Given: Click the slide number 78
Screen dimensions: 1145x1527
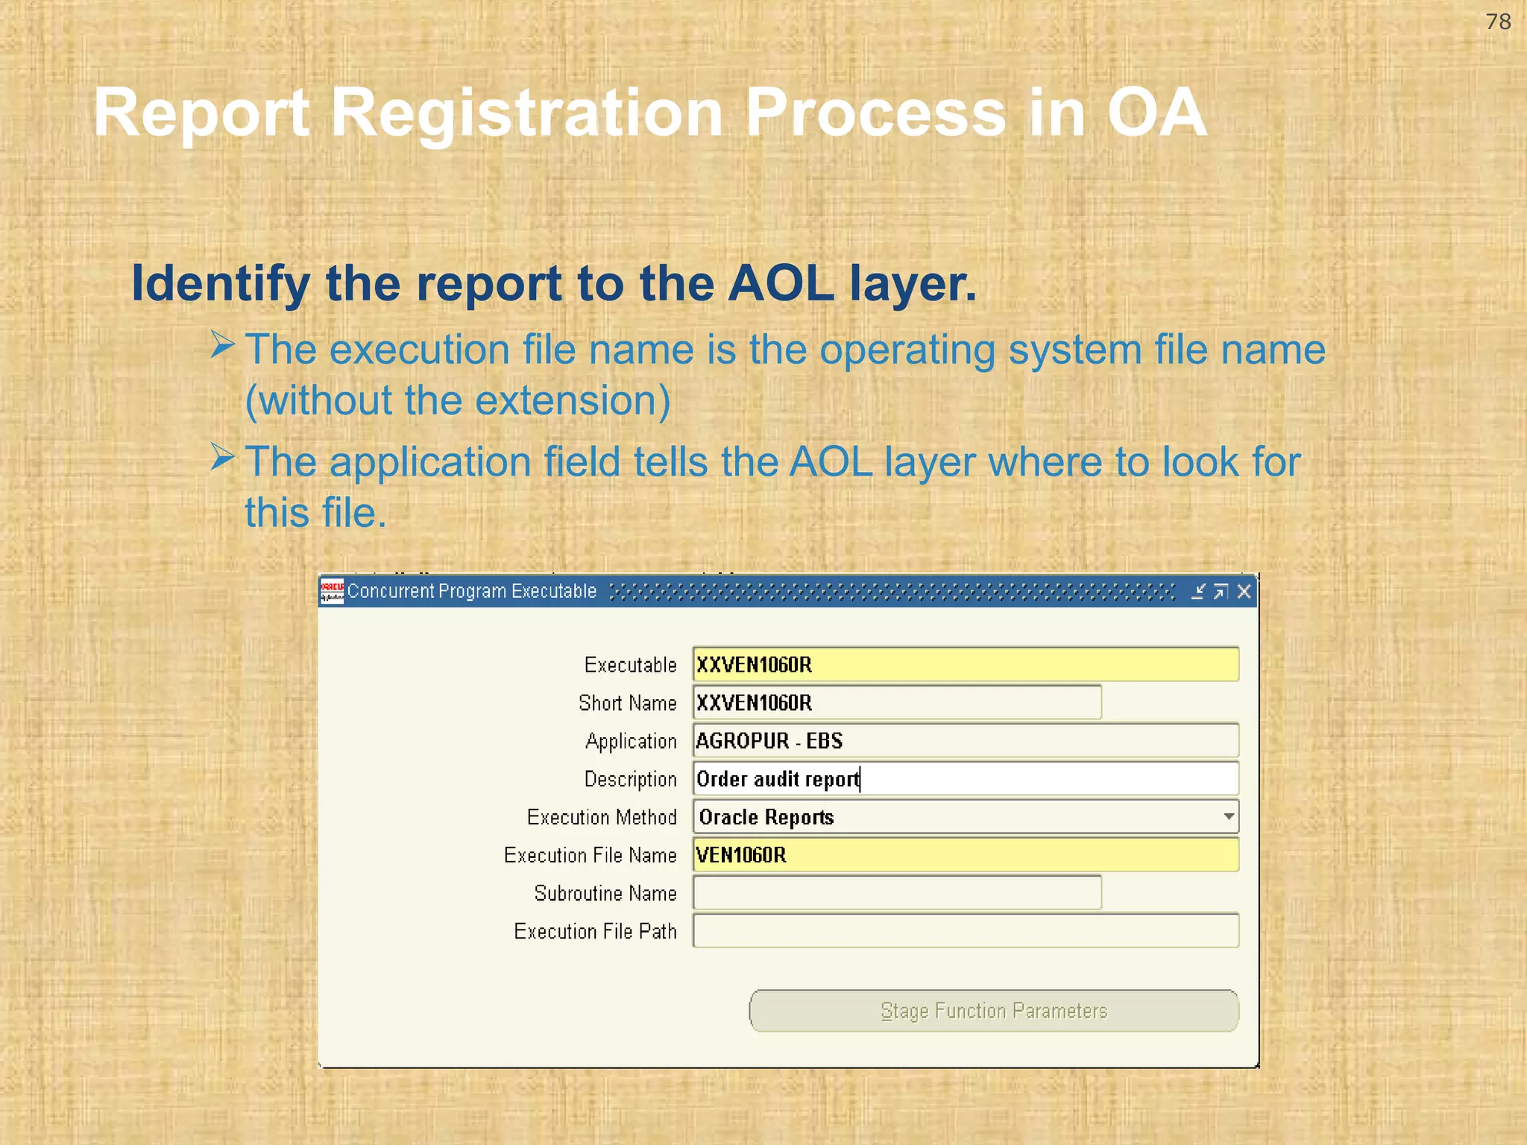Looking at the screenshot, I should [1498, 22].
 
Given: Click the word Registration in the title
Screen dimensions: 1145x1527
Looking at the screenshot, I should [526, 113].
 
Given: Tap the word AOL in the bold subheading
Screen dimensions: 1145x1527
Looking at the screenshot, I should [781, 284].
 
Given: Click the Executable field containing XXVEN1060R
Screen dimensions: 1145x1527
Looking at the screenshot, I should [965, 664].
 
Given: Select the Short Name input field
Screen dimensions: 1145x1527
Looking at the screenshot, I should [896, 702].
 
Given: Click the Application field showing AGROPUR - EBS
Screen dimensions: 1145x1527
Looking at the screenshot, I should [965, 740].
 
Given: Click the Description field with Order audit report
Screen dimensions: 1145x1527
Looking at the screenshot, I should [965, 779].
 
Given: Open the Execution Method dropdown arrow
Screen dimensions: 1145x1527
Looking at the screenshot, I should [1228, 817].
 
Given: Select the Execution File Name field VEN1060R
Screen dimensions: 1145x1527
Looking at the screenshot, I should [965, 855].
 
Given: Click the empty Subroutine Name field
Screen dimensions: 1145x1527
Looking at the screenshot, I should [896, 893].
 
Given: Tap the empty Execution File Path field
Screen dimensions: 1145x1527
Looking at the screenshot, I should [965, 931].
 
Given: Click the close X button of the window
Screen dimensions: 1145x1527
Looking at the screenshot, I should [1244, 592].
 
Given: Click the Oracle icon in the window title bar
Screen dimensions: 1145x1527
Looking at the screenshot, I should [332, 592].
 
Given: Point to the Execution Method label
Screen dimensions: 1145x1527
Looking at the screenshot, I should [602, 818].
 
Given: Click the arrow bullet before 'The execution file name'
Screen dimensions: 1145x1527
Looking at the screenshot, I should [222, 345].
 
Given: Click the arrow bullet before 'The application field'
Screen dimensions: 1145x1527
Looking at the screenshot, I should [222, 457].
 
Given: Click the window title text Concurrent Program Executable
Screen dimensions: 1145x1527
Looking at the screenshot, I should [471, 592].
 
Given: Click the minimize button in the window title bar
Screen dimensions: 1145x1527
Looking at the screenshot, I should [1197, 592].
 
